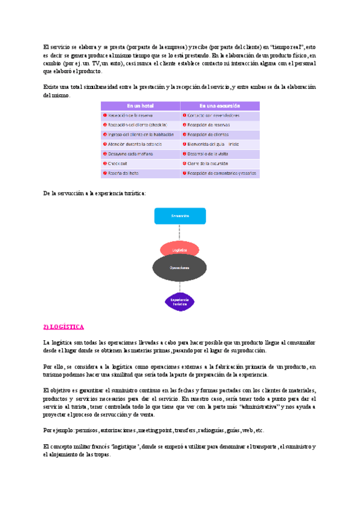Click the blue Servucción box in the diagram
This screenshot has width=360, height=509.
[x=180, y=216]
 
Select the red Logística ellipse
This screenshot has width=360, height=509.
[x=180, y=250]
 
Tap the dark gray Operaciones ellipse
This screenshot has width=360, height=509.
[x=180, y=267]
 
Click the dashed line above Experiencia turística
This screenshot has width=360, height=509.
[x=180, y=287]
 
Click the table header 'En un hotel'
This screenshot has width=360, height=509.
[x=141, y=106]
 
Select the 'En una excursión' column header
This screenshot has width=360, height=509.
[x=220, y=106]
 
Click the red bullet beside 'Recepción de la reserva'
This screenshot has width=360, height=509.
[x=105, y=115]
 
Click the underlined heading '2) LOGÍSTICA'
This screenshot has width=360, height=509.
[x=64, y=327]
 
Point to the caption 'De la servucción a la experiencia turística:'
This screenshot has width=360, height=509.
[x=94, y=193]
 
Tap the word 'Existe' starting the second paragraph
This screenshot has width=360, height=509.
[x=52, y=87]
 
